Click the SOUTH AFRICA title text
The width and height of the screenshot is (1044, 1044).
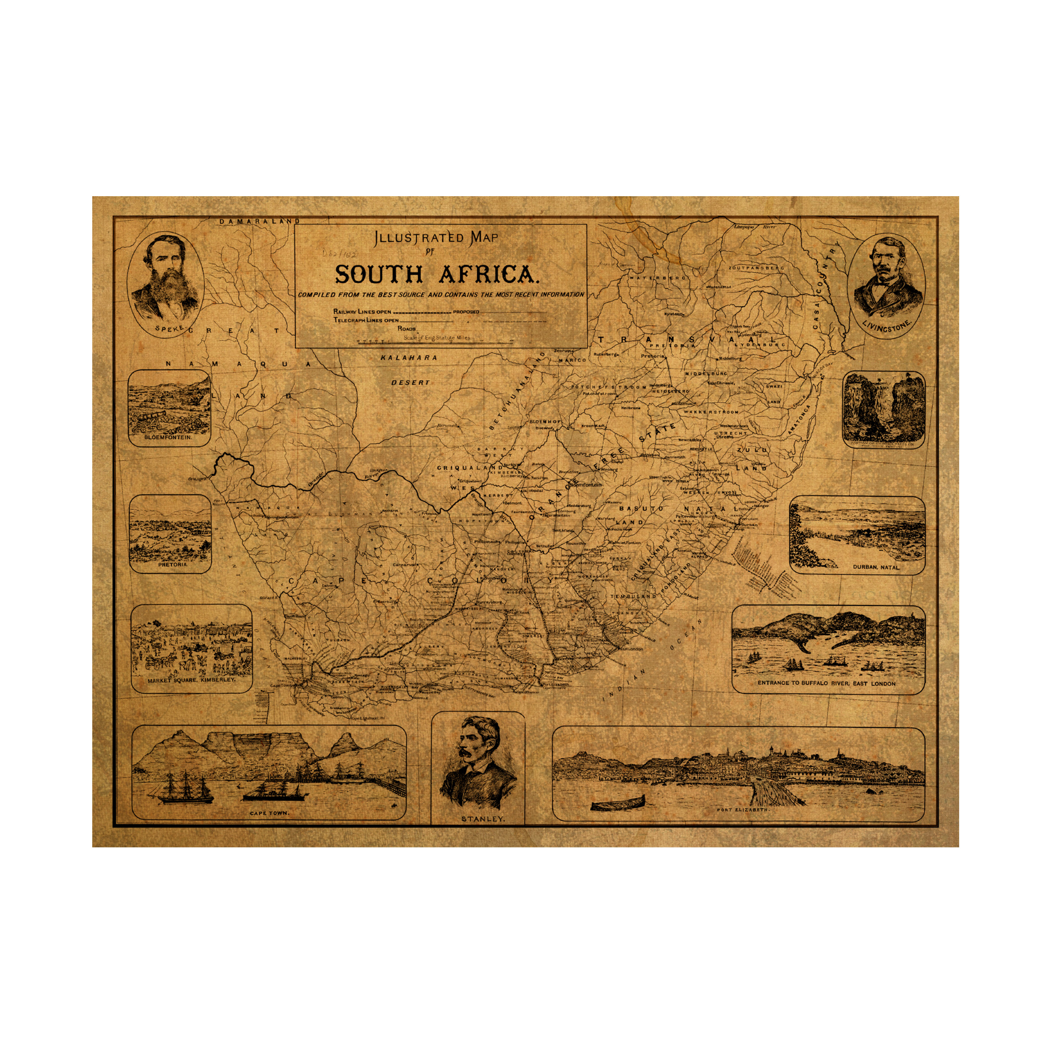click(437, 275)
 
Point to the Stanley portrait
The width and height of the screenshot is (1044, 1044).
click(478, 763)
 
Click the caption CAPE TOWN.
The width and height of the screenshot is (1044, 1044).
click(269, 813)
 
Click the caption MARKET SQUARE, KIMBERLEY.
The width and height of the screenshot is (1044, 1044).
click(192, 680)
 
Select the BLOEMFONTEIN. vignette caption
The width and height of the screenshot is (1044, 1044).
click(168, 437)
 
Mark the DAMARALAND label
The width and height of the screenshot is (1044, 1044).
click(259, 221)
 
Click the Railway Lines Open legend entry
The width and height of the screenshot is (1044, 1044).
click(362, 312)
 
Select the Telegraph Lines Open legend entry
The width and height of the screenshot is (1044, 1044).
click(366, 320)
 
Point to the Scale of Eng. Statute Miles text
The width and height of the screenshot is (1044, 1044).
click(437, 338)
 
